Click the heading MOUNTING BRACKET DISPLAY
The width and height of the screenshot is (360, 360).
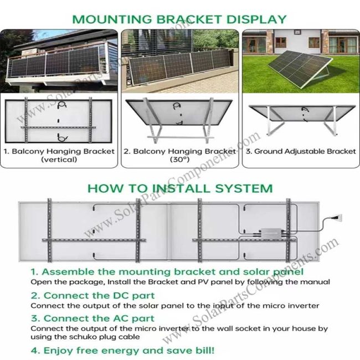(x=180, y=19)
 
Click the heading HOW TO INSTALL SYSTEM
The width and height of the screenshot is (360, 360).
(x=180, y=189)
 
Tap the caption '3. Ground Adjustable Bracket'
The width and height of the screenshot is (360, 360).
(x=301, y=151)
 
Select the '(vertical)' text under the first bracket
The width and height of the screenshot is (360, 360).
(x=59, y=160)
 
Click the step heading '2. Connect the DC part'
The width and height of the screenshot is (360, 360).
(x=92, y=295)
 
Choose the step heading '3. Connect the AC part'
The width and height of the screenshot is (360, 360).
(x=92, y=318)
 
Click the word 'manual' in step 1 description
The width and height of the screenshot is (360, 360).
(x=316, y=282)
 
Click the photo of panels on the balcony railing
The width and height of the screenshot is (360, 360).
(x=59, y=61)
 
